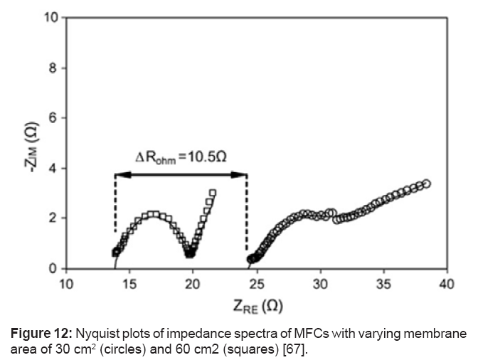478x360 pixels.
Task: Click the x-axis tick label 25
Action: pyautogui.click(x=257, y=285)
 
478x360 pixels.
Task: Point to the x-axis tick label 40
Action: pyautogui.click(x=447, y=285)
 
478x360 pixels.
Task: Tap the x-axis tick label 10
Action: pyautogui.click(x=65, y=285)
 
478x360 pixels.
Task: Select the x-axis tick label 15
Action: pyautogui.click(x=129, y=285)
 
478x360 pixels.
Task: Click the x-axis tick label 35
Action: pyautogui.click(x=383, y=285)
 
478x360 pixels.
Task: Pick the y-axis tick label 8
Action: pyautogui.click(x=53, y=68)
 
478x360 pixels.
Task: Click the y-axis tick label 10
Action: pyautogui.click(x=51, y=18)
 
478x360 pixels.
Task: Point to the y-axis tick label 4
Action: pyautogui.click(x=53, y=169)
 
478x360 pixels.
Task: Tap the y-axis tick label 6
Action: pyautogui.click(x=53, y=118)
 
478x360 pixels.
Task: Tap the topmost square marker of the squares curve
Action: pyautogui.click(x=213, y=193)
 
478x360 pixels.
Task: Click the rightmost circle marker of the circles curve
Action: pyautogui.click(x=427, y=184)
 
